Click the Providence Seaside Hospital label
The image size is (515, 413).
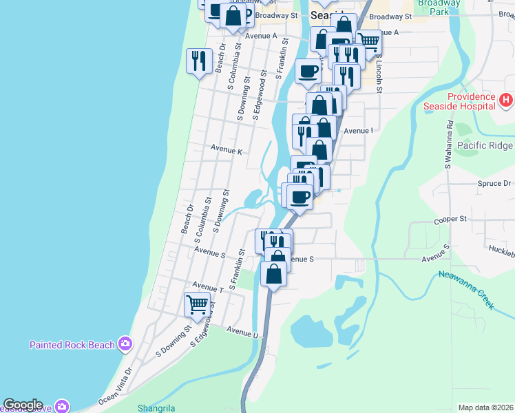point(461,102)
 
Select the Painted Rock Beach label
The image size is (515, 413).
point(72,345)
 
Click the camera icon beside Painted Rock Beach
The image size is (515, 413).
point(125,343)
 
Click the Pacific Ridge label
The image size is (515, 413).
point(484,146)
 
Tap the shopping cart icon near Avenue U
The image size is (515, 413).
point(198,303)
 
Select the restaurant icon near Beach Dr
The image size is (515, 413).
point(199,61)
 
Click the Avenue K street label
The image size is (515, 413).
point(227,150)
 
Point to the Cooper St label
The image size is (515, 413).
point(450,220)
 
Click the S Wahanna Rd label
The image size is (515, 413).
point(448,145)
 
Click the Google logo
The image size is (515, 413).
point(23,405)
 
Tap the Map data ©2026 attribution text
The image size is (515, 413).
point(485,407)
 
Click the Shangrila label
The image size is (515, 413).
point(156,407)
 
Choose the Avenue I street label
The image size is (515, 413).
point(358,131)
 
